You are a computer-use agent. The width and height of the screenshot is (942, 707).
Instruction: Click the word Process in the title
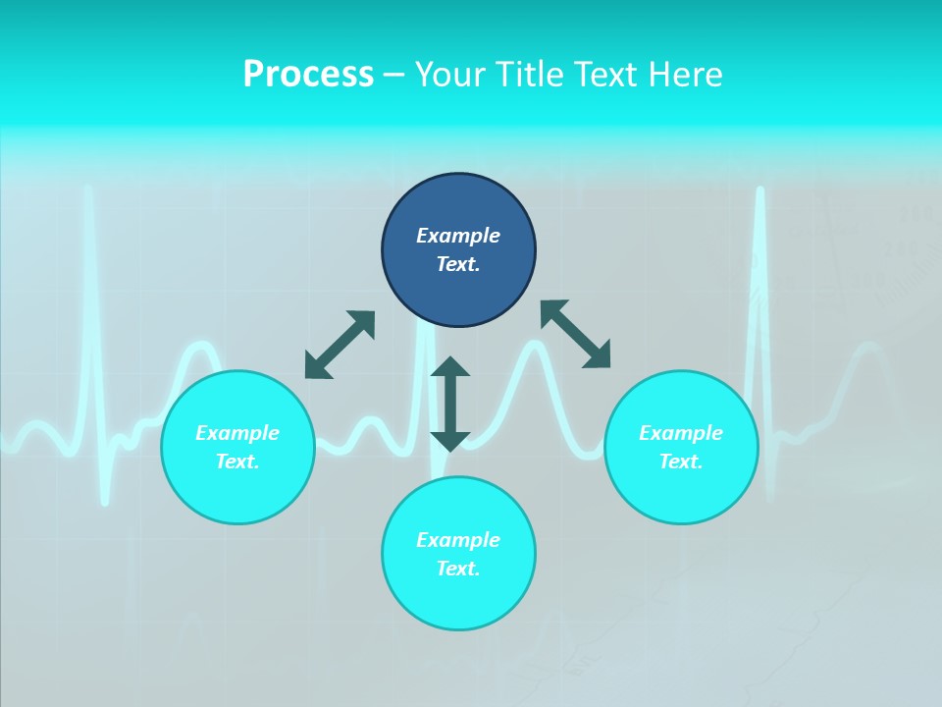(308, 75)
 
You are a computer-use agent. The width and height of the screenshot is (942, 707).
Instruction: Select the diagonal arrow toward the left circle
(340, 345)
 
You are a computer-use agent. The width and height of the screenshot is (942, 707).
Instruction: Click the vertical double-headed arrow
(450, 404)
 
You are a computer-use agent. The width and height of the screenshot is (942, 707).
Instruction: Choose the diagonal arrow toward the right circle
(576, 334)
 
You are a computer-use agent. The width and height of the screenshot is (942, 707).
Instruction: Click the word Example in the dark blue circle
(458, 236)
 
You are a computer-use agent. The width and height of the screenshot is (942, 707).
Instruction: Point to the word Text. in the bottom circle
(458, 569)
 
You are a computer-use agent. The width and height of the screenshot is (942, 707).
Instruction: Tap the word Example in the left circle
(237, 433)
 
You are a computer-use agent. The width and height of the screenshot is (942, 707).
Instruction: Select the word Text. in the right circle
(681, 462)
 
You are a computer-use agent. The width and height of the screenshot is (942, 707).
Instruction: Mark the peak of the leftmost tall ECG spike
(89, 189)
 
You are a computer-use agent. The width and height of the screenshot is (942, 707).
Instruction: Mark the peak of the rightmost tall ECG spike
(760, 190)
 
